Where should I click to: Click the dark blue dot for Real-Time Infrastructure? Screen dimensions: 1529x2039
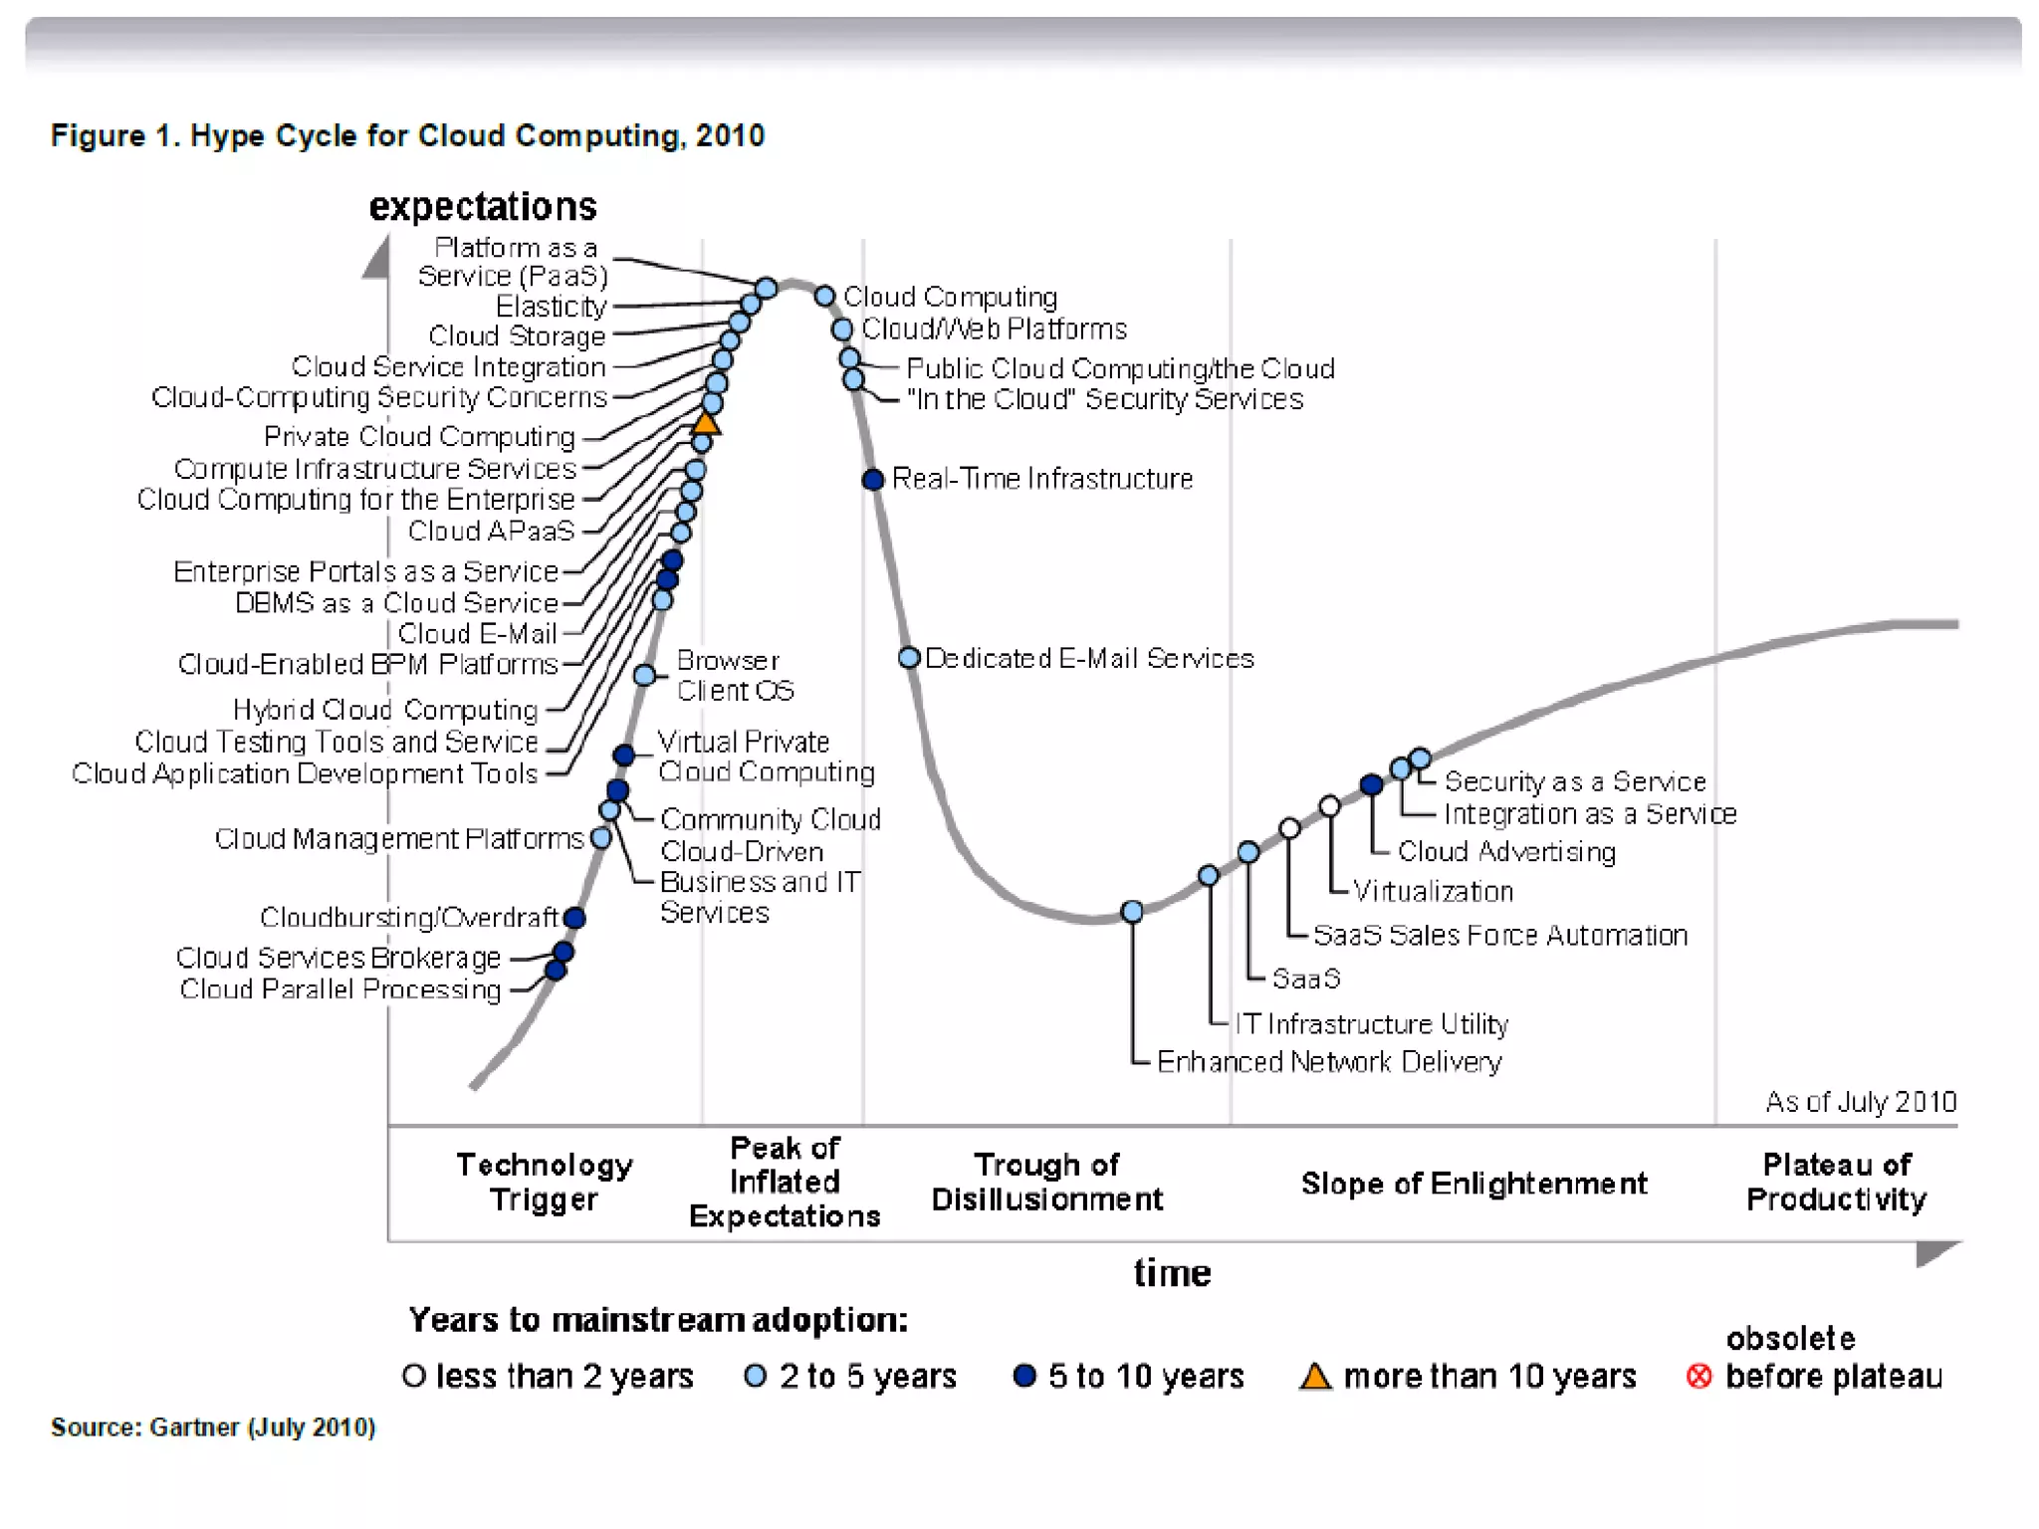click(873, 480)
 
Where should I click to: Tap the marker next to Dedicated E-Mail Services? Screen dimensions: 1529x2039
click(908, 658)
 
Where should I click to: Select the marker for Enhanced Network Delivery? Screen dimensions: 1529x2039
click(1132, 911)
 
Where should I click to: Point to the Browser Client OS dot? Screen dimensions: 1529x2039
click(644, 676)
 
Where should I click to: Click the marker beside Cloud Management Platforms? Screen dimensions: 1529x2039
click(600, 838)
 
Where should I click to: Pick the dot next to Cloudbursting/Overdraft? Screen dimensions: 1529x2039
click(574, 918)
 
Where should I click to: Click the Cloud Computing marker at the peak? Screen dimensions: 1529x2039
click(824, 296)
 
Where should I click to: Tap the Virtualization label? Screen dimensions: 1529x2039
click(1433, 891)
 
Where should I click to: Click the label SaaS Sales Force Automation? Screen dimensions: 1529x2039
click(1499, 936)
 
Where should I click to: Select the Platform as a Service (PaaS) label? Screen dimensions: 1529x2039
click(513, 262)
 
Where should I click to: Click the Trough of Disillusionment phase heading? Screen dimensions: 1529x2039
click(1046, 1182)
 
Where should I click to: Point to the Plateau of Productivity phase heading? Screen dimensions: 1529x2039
click(1836, 1182)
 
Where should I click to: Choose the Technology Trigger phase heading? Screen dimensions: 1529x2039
click(544, 1182)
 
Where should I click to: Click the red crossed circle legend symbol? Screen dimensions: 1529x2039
click(1699, 1376)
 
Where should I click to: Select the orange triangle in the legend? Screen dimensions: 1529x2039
click(1315, 1377)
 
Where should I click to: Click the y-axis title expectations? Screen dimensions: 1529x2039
click(483, 207)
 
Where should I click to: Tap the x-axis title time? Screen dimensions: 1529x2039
click(1172, 1273)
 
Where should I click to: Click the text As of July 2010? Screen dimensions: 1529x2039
click(1860, 1102)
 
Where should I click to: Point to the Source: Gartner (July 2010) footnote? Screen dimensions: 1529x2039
click(213, 1427)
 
